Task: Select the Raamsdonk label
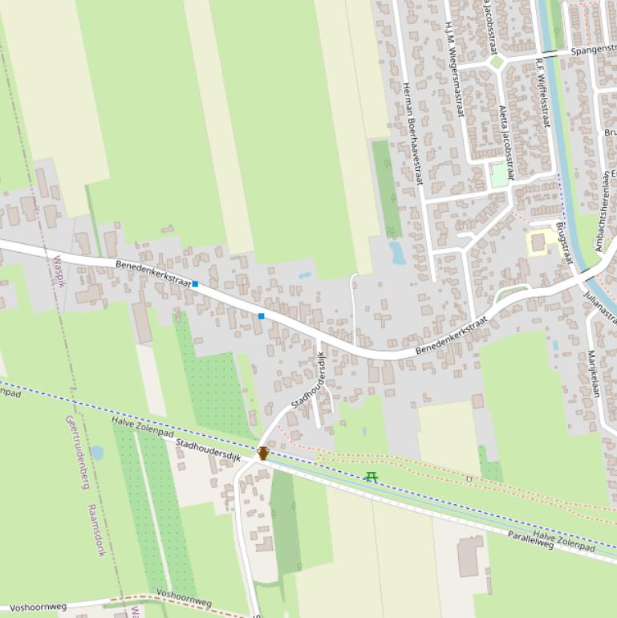pos(96,531)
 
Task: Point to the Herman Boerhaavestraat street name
pos(412,133)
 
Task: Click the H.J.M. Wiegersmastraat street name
pos(454,69)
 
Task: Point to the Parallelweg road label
pos(530,539)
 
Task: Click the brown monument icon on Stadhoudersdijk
pos(262,453)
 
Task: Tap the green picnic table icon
pos(371,477)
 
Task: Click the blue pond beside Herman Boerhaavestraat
pos(396,253)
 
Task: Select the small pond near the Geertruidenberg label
pos(97,453)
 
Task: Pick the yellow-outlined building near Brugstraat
pos(538,242)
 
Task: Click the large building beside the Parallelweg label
pos(470,557)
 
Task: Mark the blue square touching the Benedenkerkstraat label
pos(195,284)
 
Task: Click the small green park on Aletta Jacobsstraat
pos(500,175)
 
